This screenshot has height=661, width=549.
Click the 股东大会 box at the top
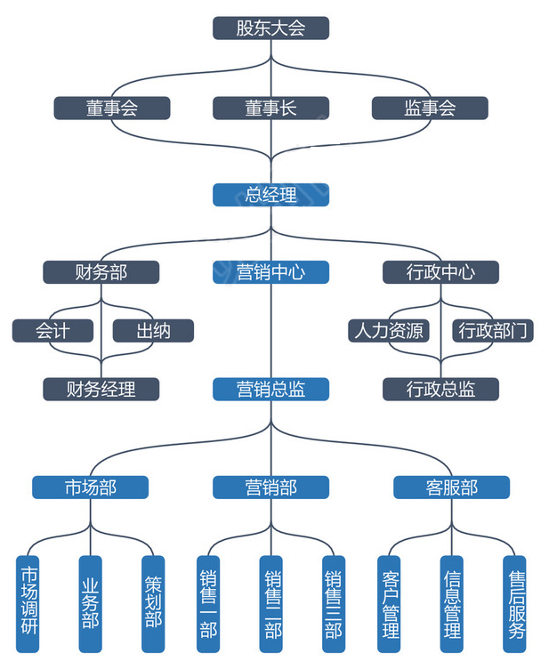270,28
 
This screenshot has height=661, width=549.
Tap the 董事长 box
270,108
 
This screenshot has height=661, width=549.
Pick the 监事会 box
430,108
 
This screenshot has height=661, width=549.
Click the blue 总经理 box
270,194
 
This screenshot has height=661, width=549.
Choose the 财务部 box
101,272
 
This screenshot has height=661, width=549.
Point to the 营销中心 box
270,272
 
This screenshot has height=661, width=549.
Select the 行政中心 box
440,272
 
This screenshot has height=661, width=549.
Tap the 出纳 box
153,331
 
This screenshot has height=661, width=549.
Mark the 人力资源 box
387,331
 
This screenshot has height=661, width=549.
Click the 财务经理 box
101,389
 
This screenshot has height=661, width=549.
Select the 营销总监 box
270,389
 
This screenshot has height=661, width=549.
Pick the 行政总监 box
440,389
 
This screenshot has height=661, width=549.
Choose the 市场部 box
90,488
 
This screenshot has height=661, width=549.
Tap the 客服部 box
451,488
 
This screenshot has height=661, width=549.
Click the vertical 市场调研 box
28,603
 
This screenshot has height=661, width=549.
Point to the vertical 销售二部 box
271,603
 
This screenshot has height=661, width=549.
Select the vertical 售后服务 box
515,603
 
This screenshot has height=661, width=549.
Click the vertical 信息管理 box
452,603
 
